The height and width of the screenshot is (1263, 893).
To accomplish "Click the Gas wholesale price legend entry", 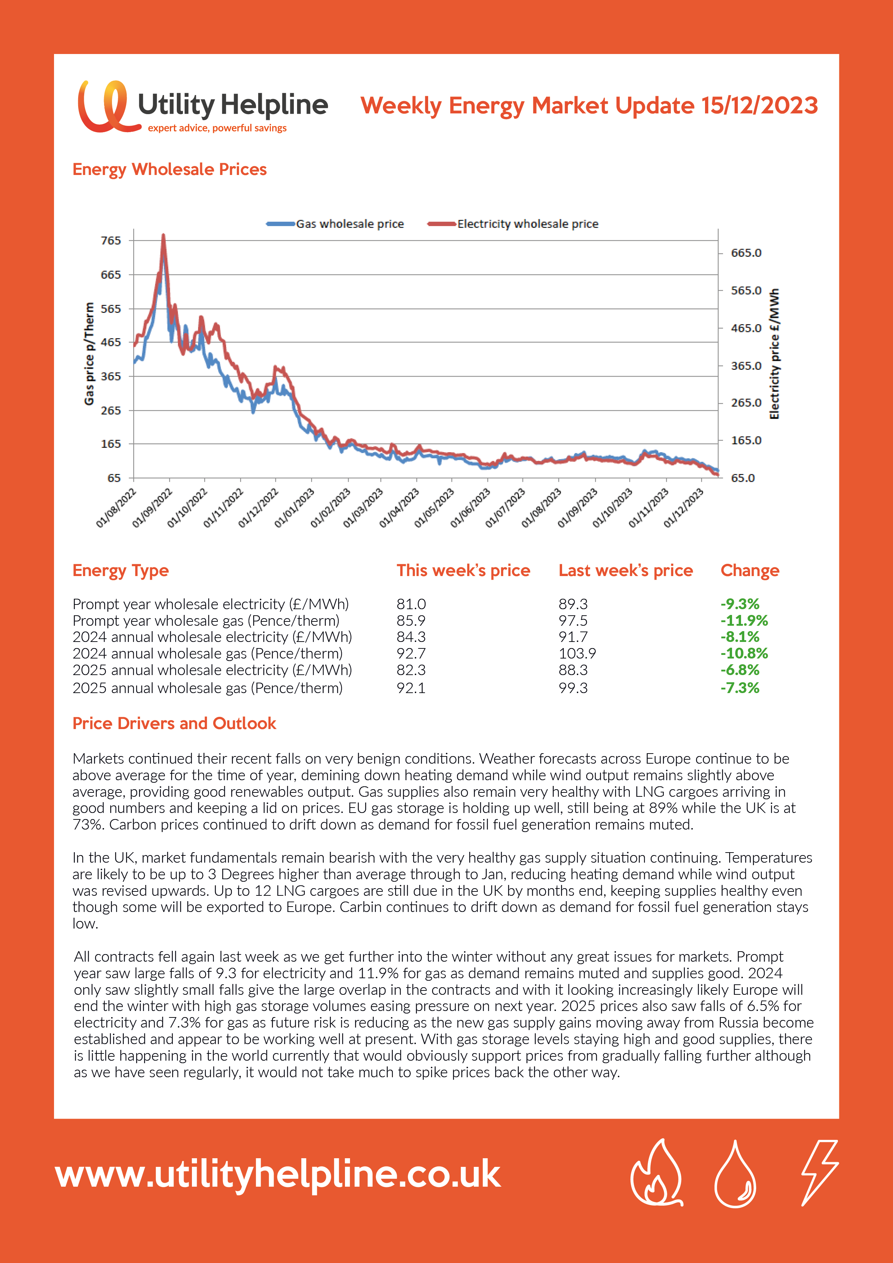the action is coord(335,224).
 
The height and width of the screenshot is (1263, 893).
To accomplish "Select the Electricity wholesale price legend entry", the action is coord(513,224).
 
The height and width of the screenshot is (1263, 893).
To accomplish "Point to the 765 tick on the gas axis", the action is coord(111,241).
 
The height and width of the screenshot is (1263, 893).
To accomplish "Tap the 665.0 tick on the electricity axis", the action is coord(746,253).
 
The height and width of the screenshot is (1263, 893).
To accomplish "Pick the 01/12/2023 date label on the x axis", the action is coord(684,507).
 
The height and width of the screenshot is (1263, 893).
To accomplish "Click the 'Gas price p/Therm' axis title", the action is coord(89,354).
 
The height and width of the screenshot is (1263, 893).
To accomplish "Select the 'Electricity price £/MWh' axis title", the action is coord(774,354).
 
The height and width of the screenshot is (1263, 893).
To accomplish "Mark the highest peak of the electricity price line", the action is coord(163,235).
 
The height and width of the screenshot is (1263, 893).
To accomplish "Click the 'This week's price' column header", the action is coord(463,570).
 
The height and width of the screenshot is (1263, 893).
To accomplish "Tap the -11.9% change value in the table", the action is coord(744,620).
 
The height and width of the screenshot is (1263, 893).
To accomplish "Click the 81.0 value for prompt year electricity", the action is coord(411,604).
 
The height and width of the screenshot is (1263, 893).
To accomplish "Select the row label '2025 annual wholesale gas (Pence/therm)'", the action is coord(207,688).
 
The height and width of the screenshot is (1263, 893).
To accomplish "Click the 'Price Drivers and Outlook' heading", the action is coord(174,723).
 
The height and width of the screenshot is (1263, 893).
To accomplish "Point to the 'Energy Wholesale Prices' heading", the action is coord(170,170).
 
